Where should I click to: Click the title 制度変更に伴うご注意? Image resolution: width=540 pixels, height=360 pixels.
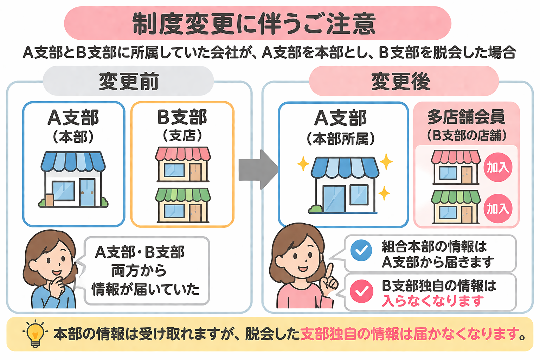click(x=254, y=24)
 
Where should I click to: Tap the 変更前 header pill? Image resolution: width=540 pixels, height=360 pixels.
click(x=128, y=81)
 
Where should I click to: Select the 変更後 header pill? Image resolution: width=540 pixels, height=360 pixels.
click(x=404, y=81)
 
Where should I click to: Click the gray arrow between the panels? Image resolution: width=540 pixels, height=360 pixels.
click(x=258, y=169)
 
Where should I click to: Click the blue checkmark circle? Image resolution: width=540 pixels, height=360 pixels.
click(x=361, y=250)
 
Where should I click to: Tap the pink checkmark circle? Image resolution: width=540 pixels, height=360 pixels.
click(x=361, y=291)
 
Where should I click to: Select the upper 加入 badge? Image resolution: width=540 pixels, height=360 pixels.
click(x=497, y=167)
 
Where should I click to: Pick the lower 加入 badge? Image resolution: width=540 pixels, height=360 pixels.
click(x=497, y=208)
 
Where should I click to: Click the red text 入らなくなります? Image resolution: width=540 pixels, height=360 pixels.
click(x=433, y=301)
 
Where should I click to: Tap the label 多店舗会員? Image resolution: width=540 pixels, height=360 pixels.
click(x=466, y=117)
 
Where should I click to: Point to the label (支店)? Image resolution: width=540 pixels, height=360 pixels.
click(x=182, y=135)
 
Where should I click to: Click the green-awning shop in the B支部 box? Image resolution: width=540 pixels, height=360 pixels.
click(x=183, y=205)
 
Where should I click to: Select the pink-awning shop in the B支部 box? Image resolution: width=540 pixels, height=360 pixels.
click(x=183, y=164)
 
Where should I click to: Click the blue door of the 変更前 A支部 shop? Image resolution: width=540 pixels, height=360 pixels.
click(x=87, y=192)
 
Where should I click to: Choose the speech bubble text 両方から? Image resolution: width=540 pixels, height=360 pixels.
click(x=139, y=271)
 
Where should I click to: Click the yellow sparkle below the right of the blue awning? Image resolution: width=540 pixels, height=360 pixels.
click(x=384, y=193)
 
